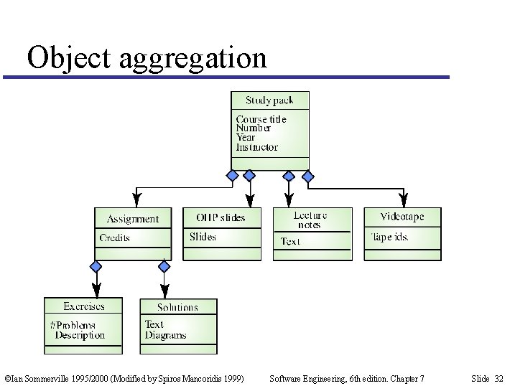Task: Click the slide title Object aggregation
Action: pyautogui.click(x=147, y=57)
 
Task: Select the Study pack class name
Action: pyautogui.click(x=269, y=100)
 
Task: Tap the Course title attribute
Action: pyautogui.click(x=261, y=119)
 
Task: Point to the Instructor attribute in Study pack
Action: pyautogui.click(x=256, y=147)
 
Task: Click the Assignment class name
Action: pyautogui.click(x=133, y=219)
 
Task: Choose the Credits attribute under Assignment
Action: pyautogui.click(x=115, y=237)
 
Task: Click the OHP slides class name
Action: pyautogui.click(x=221, y=217)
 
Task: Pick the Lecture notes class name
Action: pyautogui.click(x=310, y=220)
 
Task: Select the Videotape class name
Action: pyautogui.click(x=402, y=217)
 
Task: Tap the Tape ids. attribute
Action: pyautogui.click(x=389, y=237)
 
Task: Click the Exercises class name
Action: pyautogui.click(x=83, y=306)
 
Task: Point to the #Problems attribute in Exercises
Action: pyautogui.click(x=73, y=325)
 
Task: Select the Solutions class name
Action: pyautogui.click(x=177, y=307)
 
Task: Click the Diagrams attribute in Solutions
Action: pyautogui.click(x=165, y=335)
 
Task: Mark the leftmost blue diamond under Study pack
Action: pyautogui.click(x=232, y=176)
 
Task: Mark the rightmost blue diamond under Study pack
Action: pyautogui.click(x=307, y=176)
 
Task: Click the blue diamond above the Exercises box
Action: pyautogui.click(x=96, y=266)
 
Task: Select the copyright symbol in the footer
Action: pyautogui.click(x=7, y=378)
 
